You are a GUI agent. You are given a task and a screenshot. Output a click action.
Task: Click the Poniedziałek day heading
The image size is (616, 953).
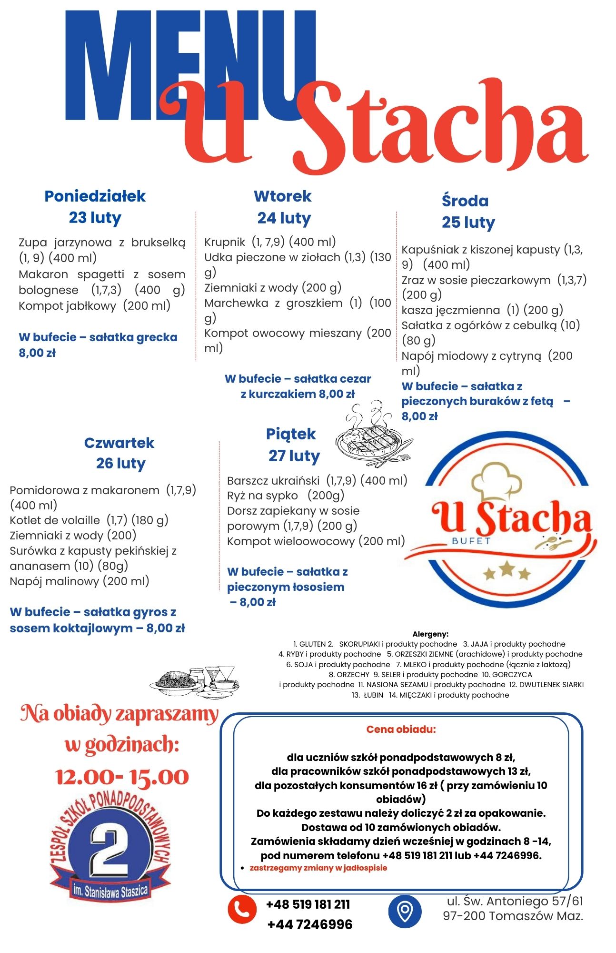95,196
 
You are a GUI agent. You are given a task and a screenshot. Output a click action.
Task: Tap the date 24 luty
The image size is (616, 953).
284,218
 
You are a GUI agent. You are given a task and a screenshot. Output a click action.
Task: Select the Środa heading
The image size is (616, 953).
465,201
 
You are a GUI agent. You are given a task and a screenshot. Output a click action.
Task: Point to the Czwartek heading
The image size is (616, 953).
119,443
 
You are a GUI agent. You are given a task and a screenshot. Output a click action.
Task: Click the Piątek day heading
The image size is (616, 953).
291,434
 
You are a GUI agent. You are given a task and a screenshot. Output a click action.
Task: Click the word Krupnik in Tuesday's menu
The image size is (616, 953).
224,242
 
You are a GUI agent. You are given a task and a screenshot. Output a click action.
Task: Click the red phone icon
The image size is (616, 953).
242,910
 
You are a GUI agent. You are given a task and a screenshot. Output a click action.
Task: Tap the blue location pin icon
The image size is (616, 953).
405,911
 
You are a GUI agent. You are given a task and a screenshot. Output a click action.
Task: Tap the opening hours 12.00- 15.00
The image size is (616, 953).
122,777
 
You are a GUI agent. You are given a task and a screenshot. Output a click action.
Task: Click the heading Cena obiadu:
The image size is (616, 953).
401,730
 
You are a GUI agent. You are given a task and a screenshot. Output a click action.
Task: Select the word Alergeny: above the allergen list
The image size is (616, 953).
430,634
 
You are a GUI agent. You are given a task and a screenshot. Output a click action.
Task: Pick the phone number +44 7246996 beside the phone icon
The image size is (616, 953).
310,925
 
